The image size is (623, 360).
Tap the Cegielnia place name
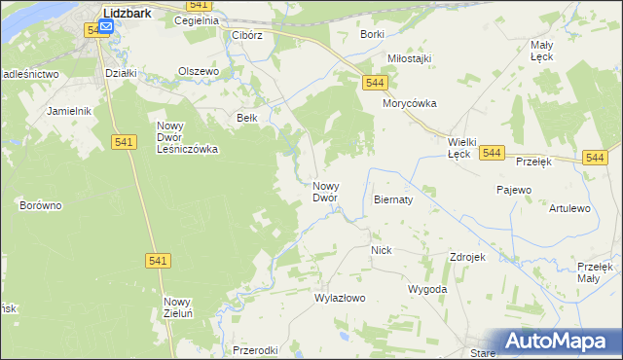196,19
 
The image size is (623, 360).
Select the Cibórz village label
247,35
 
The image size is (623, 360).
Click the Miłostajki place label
409,58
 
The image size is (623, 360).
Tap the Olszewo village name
200,71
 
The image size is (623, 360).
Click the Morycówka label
410,103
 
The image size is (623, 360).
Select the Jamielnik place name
68,111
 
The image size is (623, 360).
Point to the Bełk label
247,118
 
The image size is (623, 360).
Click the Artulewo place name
570,208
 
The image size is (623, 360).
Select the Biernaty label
393,198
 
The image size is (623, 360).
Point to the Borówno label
41,205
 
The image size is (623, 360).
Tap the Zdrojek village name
467,257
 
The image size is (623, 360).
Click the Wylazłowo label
340,298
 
